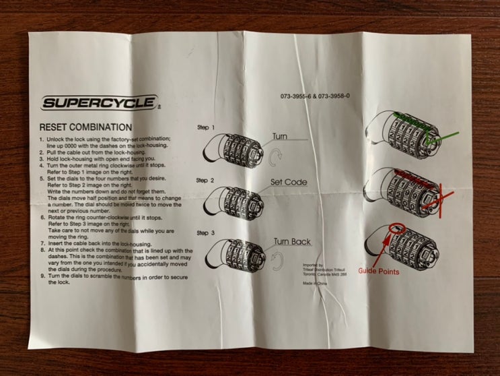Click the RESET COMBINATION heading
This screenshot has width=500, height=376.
click(85, 127)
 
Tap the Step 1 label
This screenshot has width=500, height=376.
click(205, 127)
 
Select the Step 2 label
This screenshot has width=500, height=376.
click(205, 181)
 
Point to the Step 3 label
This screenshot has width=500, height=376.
click(205, 232)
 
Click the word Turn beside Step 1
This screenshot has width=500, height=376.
click(280, 136)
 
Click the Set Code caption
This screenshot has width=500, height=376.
click(289, 183)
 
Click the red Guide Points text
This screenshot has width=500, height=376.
click(378, 272)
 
